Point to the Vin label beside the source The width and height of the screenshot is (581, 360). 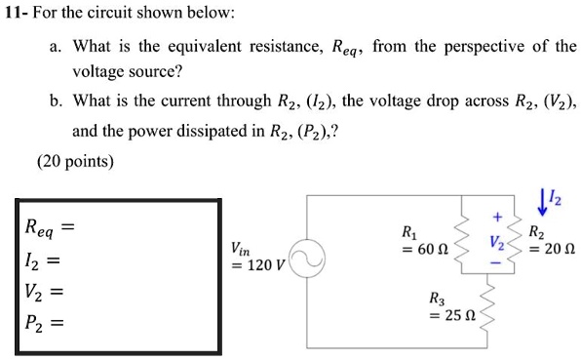pos(241,249)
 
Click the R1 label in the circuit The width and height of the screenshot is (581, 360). pos(409,233)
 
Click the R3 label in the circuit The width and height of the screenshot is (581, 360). pos(438,299)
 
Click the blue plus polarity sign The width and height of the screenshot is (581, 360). pos(495,218)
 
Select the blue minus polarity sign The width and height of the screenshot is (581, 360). pos(495,261)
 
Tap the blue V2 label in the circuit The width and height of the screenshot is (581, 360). pos(497,240)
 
